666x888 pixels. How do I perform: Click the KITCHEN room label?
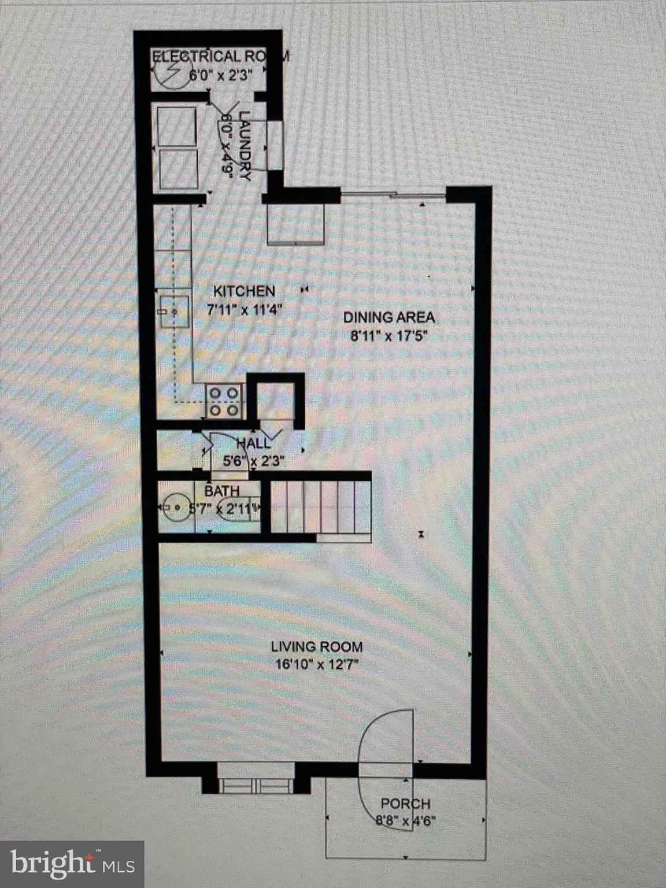tap(244, 291)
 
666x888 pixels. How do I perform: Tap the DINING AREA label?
tap(388, 317)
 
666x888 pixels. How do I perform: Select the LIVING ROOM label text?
tap(317, 647)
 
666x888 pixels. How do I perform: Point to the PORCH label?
tap(405, 804)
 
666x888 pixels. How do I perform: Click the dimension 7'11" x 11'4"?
tap(245, 309)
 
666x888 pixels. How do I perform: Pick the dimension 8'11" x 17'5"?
tap(388, 336)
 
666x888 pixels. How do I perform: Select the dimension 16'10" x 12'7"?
tap(317, 664)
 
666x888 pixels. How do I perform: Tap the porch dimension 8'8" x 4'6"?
tap(405, 820)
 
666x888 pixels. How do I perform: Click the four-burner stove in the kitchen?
tap(224, 401)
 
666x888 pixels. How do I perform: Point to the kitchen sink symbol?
tap(174, 312)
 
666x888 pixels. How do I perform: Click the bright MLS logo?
tap(72, 864)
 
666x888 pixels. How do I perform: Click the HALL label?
tap(254, 444)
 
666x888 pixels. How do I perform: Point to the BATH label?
tap(221, 491)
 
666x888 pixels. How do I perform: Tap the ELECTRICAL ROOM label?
tap(220, 57)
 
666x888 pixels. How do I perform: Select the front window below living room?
tap(255, 786)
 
